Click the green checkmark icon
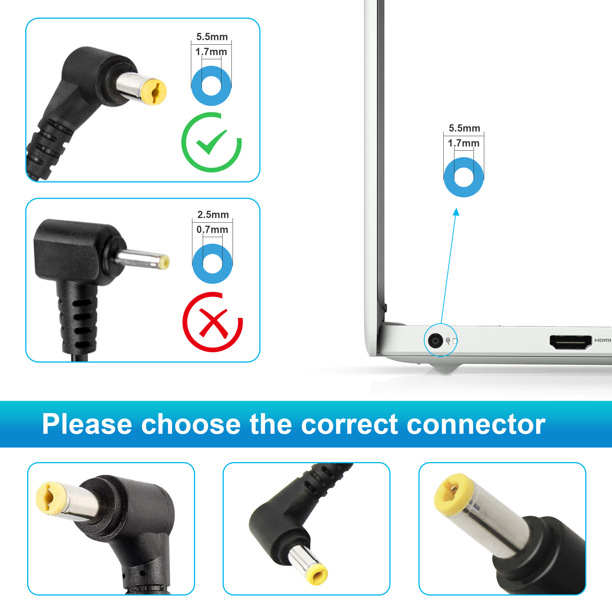tap(212, 142)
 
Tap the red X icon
tap(213, 322)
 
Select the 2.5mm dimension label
tap(213, 215)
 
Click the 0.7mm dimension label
tap(212, 229)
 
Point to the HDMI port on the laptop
tap(570, 342)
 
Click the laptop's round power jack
tap(435, 340)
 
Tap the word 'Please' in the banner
tap(87, 425)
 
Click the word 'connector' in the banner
tap(476, 425)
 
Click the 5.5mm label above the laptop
tap(464, 128)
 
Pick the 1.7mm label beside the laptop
tap(464, 143)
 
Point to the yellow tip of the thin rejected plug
tap(164, 262)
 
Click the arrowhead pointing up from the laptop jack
tap(456, 212)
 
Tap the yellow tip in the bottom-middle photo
tap(317, 575)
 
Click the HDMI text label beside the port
tap(603, 340)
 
